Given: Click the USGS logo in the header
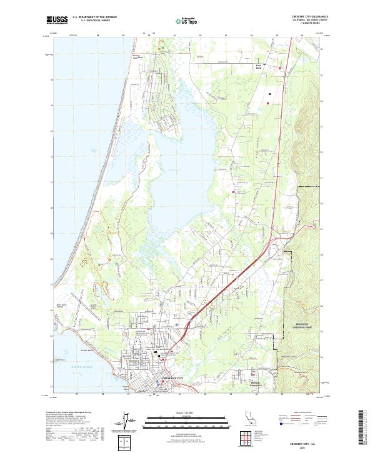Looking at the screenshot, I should [x=57, y=20].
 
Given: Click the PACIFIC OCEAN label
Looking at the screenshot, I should [x=81, y=366].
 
